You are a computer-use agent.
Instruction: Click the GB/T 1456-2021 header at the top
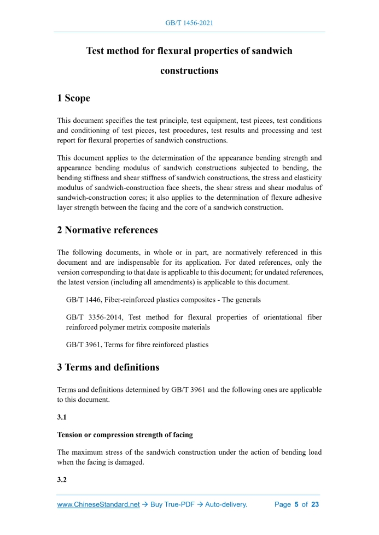(x=189, y=23)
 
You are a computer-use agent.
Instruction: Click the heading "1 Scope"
(x=73, y=98)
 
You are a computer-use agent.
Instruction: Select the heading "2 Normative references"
(x=107, y=230)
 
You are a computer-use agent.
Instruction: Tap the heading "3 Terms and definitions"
(x=108, y=367)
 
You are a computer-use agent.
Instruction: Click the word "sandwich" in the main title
(x=272, y=51)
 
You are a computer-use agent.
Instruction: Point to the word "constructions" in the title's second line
(x=189, y=71)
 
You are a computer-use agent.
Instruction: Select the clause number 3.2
(x=62, y=480)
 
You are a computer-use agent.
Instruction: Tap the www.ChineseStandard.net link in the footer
(x=98, y=504)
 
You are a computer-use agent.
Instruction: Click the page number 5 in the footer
(x=296, y=504)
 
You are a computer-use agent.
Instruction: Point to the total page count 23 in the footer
(x=314, y=504)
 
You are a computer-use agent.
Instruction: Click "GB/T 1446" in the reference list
(x=83, y=300)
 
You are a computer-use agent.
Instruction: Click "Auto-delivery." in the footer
(x=226, y=504)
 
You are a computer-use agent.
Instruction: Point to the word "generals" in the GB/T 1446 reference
(x=247, y=300)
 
